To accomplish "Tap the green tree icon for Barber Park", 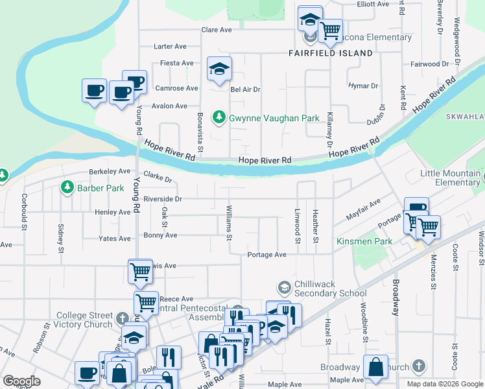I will pos(67,187).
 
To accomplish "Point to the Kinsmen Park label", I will pos(364,242).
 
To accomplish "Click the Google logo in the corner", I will pos(21,381).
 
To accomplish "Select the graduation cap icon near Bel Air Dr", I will pos(219,68).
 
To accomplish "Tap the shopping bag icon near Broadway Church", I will pos(375,367).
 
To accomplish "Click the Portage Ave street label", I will pos(266,255).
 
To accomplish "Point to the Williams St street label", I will pos(229,222).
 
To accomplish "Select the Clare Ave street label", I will pos(217,30).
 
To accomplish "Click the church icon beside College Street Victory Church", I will pos(123,318).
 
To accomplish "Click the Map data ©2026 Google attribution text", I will pos(445,384).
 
